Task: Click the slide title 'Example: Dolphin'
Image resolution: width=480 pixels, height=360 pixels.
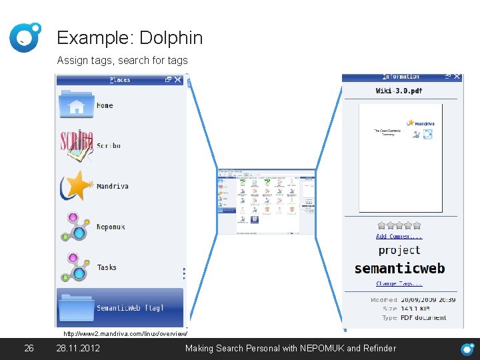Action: (x=129, y=38)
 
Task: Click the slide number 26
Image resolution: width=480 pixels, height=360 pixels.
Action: (x=29, y=348)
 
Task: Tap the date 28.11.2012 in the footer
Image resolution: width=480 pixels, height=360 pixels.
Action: (x=78, y=348)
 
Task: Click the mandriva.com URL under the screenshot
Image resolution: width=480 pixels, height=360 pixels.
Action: (x=125, y=333)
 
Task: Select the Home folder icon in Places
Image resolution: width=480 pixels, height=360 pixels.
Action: (x=76, y=105)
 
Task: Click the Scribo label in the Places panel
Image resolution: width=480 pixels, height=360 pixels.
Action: (x=109, y=145)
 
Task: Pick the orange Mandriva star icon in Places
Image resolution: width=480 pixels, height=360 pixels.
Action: (x=77, y=186)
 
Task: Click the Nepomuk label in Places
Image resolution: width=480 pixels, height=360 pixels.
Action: (x=111, y=227)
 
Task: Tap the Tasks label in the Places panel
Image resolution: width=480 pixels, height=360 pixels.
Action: (x=107, y=267)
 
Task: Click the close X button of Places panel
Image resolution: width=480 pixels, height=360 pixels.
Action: (x=178, y=80)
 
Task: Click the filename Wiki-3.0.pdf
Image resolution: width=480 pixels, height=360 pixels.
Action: (x=399, y=91)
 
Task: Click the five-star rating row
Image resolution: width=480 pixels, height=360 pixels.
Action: (x=399, y=225)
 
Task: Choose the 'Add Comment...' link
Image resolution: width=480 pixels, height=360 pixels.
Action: (x=399, y=236)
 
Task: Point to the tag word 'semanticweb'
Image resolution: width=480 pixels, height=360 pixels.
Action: (x=399, y=269)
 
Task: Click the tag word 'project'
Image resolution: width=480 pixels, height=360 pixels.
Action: (x=399, y=250)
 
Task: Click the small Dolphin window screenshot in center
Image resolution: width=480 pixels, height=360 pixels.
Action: (x=266, y=201)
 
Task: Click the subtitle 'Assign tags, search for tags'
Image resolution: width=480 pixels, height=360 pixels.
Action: (x=122, y=61)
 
